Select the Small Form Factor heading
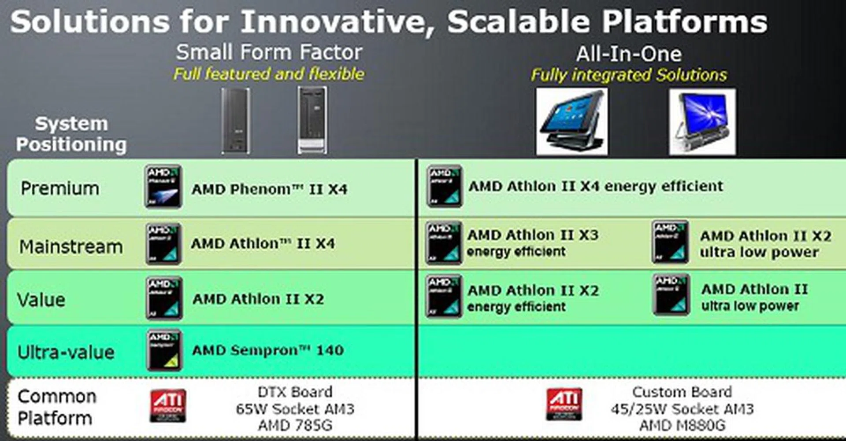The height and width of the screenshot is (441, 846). coord(269,52)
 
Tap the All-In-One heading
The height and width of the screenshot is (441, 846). coord(628,54)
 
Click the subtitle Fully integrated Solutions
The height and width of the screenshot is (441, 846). coord(628,75)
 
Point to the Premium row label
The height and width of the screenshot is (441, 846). coord(60,188)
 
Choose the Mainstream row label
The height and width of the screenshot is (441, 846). coord(70,246)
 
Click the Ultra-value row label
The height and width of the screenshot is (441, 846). coord(66,352)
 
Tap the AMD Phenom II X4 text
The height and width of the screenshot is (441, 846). coord(269,189)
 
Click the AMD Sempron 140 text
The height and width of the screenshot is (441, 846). coord(267,350)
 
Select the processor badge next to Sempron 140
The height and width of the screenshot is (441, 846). coord(163,350)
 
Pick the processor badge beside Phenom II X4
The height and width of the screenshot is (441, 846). coord(163,187)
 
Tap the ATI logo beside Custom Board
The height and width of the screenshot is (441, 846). coord(564,404)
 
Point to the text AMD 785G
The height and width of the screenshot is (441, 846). coord(295,426)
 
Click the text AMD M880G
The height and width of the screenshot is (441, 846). coord(682,426)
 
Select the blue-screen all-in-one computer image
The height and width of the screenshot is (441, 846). coord(702,121)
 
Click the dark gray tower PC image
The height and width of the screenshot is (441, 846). coord(236,121)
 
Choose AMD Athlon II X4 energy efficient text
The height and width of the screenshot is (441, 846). coord(595,187)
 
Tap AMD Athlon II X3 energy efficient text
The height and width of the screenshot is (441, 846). coord(532,243)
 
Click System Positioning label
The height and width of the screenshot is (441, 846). coord(71,134)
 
